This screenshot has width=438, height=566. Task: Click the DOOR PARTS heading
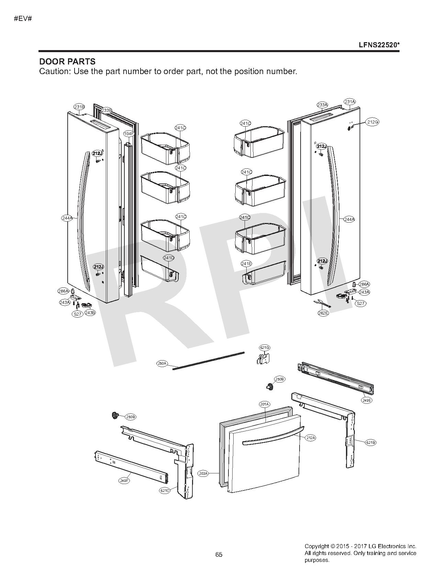[67, 62]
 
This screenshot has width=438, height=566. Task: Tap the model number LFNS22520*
[379, 45]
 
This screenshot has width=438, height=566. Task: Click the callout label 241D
[169, 258]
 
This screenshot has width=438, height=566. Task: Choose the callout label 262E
[323, 313]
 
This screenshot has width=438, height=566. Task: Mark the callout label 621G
[265, 347]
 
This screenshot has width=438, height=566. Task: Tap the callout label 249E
[367, 400]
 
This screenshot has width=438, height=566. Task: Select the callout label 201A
[264, 404]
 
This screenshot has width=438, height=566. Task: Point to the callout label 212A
[311, 438]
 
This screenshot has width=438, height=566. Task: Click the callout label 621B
[370, 443]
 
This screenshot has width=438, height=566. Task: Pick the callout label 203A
[203, 473]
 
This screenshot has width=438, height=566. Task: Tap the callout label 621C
[165, 491]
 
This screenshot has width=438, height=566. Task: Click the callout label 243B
[90, 313]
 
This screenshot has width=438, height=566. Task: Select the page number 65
[219, 554]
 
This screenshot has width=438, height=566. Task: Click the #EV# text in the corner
[23, 18]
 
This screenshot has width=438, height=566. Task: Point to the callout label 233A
[322, 105]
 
